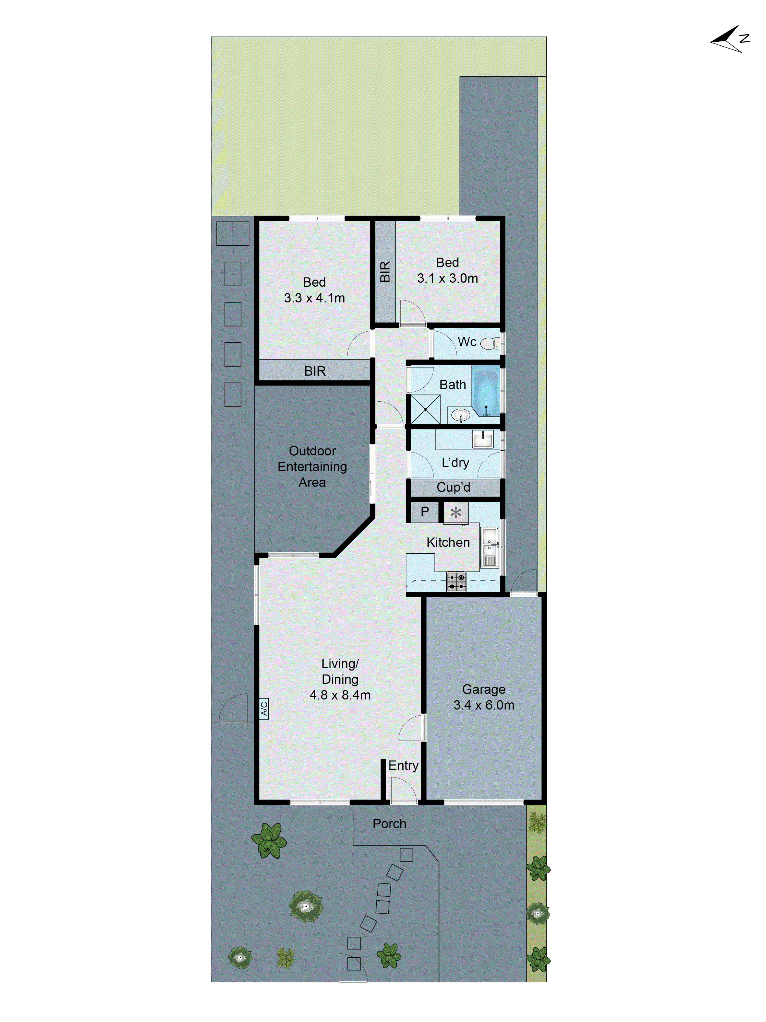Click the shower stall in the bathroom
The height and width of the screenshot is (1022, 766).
(425, 409)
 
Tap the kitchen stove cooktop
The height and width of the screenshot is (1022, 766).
(456, 581)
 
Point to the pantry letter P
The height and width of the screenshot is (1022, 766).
(424, 512)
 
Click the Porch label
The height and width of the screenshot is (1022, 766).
(389, 823)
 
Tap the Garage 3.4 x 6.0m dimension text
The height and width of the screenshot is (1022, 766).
(483, 705)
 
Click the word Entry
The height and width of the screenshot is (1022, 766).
(403, 765)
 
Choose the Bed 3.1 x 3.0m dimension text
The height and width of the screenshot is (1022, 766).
(447, 278)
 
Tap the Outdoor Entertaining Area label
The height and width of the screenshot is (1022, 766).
(312, 466)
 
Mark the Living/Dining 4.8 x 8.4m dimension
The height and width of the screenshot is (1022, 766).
(340, 695)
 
